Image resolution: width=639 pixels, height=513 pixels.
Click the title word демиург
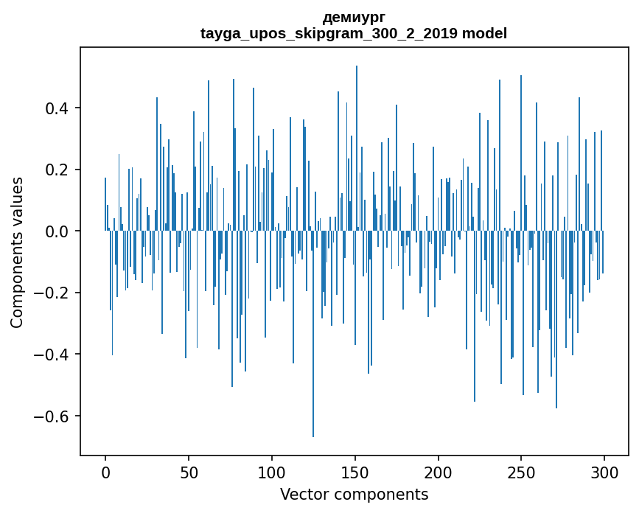click(x=354, y=17)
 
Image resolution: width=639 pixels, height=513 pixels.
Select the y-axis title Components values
click(x=17, y=252)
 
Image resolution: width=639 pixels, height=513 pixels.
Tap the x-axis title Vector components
click(x=354, y=494)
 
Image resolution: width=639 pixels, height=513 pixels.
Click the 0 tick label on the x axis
click(x=105, y=472)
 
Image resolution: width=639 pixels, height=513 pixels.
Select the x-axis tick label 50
click(x=189, y=472)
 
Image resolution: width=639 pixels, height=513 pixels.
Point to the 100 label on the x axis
click(x=272, y=472)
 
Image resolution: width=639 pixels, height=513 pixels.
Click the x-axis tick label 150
click(x=355, y=472)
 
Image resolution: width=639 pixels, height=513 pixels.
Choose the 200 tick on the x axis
click(x=439, y=472)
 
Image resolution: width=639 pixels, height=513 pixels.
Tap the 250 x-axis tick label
click(x=522, y=472)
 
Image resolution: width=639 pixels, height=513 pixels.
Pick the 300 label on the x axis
click(x=605, y=472)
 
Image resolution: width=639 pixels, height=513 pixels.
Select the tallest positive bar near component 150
click(x=357, y=147)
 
